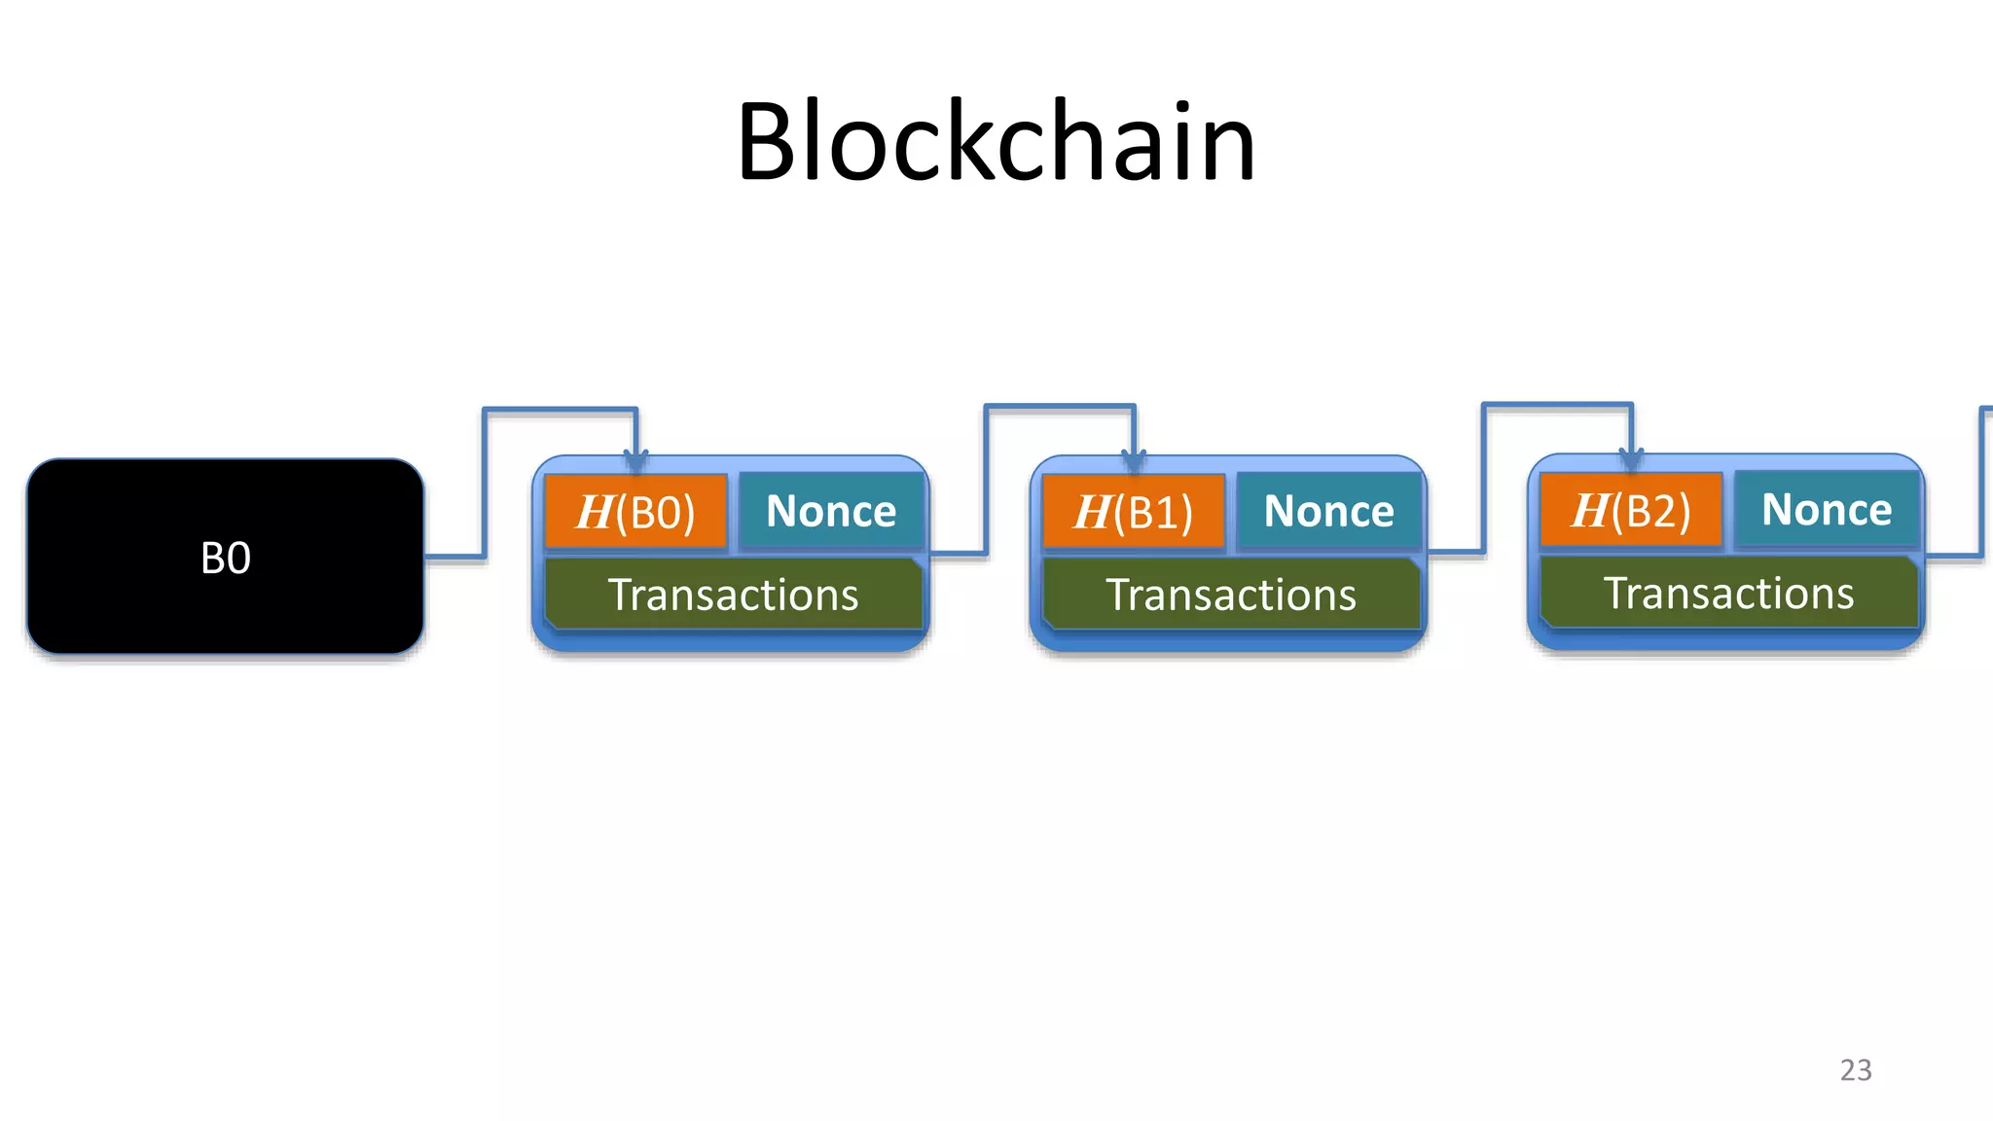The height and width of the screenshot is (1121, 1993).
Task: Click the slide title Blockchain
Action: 996,142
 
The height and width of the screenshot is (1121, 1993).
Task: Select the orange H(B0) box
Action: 635,512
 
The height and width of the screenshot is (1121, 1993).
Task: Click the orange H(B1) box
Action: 1133,512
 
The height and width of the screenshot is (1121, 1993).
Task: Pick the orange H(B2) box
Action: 1631,510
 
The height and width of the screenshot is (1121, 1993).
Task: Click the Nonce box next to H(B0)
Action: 831,512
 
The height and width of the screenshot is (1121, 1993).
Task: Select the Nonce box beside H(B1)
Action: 1328,512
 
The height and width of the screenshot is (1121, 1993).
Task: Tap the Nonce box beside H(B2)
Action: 1827,510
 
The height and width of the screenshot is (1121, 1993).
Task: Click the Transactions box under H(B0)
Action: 733,595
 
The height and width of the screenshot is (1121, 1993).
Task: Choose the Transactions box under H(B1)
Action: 1231,595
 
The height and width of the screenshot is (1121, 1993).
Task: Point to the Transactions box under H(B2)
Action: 1729,593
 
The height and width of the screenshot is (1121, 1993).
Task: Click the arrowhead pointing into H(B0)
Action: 635,459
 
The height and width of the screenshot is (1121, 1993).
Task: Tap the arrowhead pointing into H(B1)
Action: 1134,459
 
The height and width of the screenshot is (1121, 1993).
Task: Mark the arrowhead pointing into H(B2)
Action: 1632,457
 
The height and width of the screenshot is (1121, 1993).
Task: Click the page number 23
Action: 1856,1069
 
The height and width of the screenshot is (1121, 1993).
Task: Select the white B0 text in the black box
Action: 225,559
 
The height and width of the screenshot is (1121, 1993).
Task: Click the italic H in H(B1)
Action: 1092,512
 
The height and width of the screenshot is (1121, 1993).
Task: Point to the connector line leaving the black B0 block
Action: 454,557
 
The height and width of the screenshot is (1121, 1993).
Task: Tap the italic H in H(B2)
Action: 1590,510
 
